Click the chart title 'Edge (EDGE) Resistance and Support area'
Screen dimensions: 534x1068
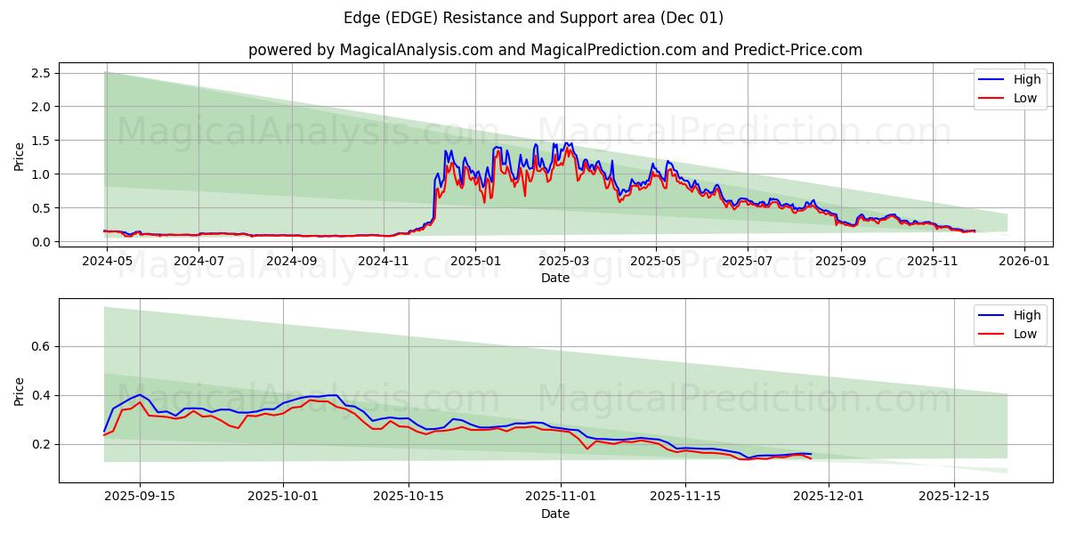click(533, 18)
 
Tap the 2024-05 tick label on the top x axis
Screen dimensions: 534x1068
click(107, 262)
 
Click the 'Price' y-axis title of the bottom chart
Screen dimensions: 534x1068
click(20, 391)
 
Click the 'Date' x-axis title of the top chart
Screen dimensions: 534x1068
click(555, 278)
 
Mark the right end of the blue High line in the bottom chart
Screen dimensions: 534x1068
click(811, 454)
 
